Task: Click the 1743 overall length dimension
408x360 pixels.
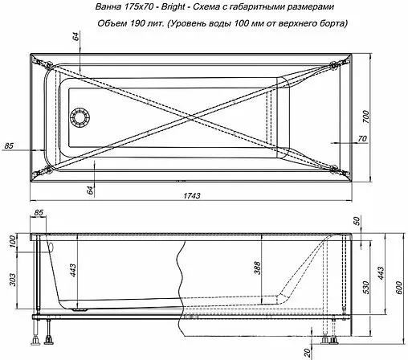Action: pos(190,196)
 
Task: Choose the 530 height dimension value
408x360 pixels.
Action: pos(366,286)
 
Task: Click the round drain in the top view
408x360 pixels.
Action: pos(80,118)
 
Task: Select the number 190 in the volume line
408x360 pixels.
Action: pos(138,23)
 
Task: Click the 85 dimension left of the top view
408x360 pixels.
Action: pos(10,145)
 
